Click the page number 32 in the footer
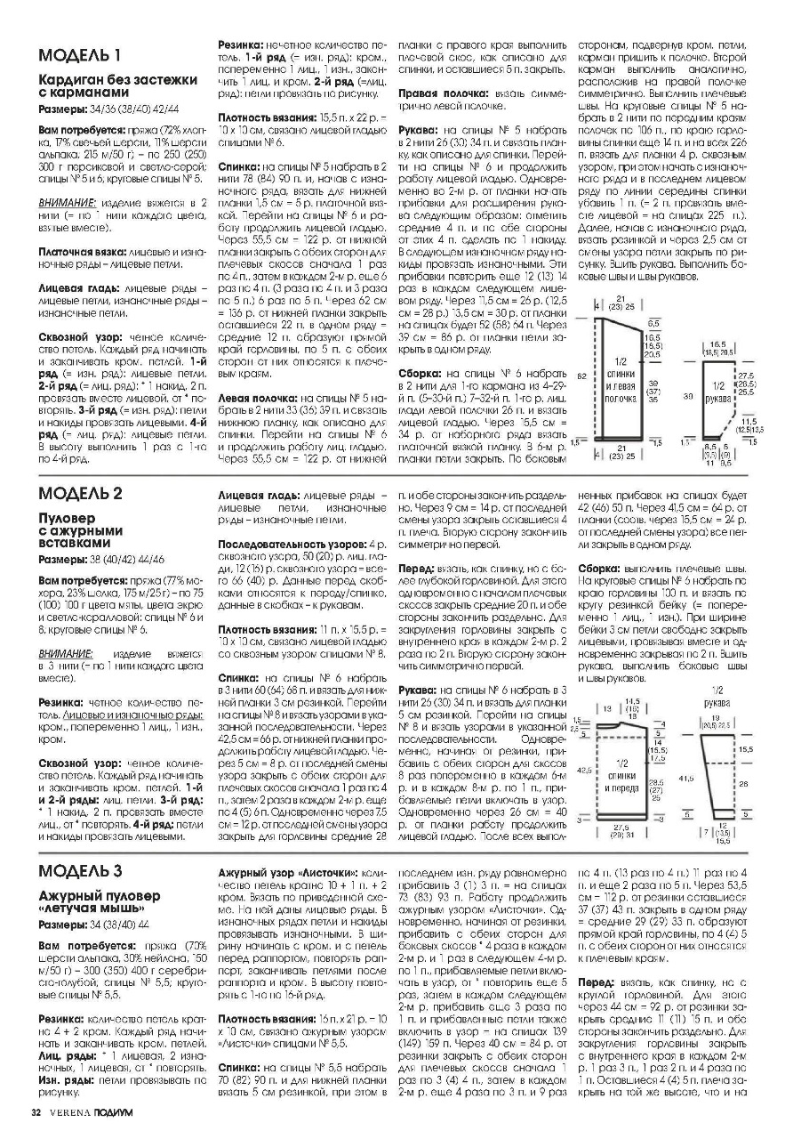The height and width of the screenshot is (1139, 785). (36, 1112)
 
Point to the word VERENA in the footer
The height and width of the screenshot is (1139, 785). (69, 1112)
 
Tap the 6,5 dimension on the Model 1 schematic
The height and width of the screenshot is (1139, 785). (653, 324)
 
